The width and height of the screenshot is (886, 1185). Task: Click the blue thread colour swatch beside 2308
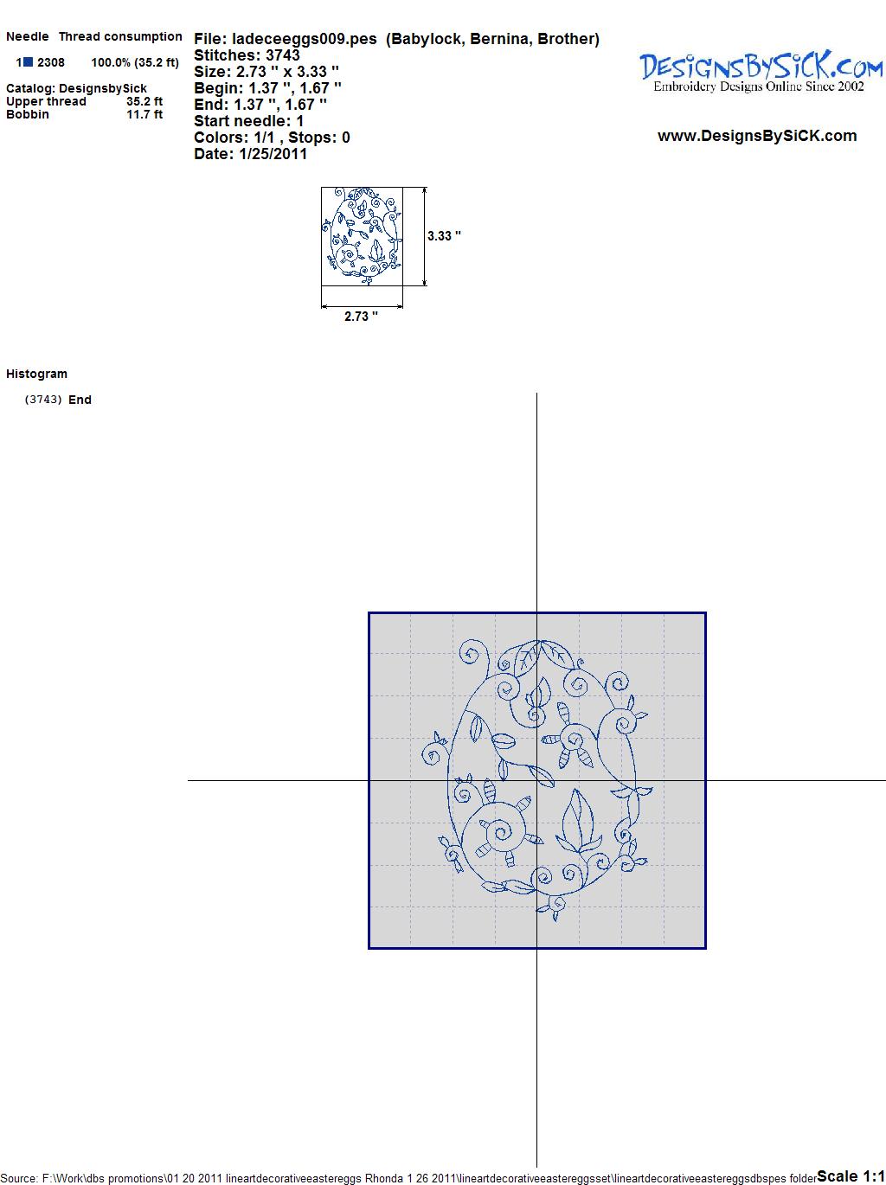pyautogui.click(x=29, y=62)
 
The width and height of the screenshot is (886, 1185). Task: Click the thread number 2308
pyautogui.click(x=51, y=62)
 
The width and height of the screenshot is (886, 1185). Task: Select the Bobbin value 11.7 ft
pyautogui.click(x=144, y=114)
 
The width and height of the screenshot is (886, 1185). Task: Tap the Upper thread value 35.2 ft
pyautogui.click(x=144, y=101)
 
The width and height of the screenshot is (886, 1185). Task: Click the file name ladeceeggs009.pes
pyautogui.click(x=305, y=40)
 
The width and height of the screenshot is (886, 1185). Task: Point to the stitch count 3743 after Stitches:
pyautogui.click(x=283, y=55)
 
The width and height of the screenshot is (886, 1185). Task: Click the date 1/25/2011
pyautogui.click(x=273, y=154)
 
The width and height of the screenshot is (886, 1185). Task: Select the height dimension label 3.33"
pyautogui.click(x=444, y=236)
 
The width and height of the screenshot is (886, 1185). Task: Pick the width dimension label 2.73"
pyautogui.click(x=361, y=317)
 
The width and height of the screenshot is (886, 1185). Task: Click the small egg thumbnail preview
pyautogui.click(x=362, y=236)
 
